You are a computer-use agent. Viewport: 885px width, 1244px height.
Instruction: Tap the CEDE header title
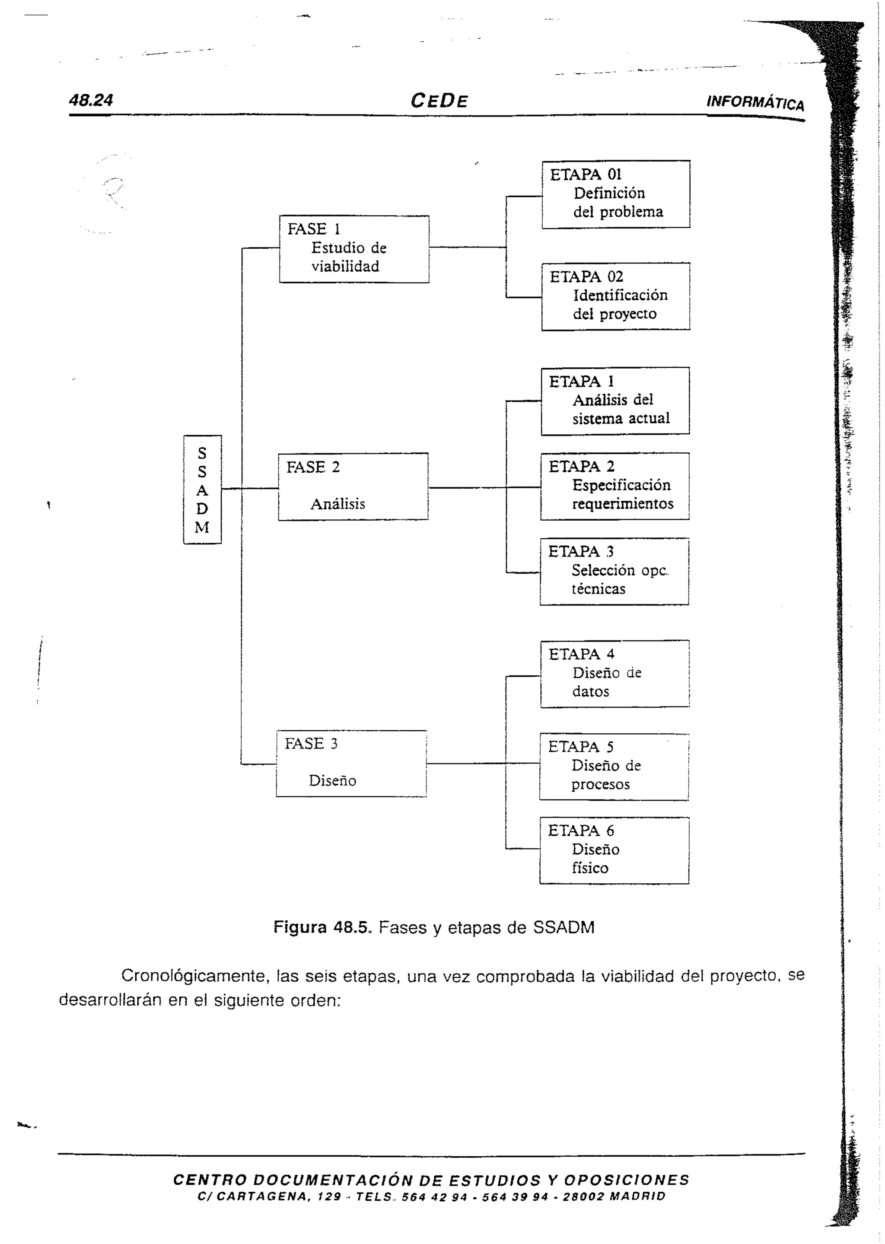point(439,101)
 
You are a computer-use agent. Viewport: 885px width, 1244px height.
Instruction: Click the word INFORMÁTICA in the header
point(755,102)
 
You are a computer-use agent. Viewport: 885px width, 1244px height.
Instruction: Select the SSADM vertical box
point(202,489)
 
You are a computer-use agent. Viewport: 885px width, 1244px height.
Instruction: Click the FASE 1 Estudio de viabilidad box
point(354,249)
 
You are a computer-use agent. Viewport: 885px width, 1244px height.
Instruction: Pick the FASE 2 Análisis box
point(353,487)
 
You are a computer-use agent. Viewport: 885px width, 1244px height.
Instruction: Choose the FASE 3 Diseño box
point(351,764)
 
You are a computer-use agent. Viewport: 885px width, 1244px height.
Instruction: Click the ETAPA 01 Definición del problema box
point(616,194)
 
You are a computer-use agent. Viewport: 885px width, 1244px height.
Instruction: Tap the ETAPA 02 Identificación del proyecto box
point(615,296)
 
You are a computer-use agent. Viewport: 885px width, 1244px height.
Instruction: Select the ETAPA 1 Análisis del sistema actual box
point(615,401)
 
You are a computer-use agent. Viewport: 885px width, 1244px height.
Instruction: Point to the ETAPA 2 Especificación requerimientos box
point(615,486)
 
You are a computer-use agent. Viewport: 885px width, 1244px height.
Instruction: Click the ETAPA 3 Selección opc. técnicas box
point(614,571)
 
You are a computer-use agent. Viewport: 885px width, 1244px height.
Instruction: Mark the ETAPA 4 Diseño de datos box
point(615,674)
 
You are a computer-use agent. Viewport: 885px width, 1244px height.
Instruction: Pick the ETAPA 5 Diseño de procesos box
point(614,767)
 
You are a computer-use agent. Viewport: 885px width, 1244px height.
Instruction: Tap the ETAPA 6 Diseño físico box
point(614,850)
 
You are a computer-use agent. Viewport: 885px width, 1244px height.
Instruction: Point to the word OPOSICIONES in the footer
point(626,1180)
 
